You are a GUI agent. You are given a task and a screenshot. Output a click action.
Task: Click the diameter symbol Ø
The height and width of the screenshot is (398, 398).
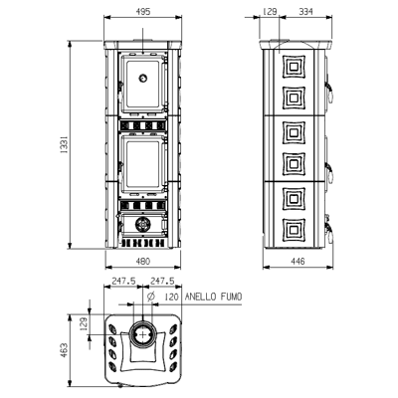coord(149,297)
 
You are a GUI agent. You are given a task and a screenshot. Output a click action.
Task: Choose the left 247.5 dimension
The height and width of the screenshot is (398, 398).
coord(123,281)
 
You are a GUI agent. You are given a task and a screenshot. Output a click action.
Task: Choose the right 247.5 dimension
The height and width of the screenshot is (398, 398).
coord(164,281)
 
